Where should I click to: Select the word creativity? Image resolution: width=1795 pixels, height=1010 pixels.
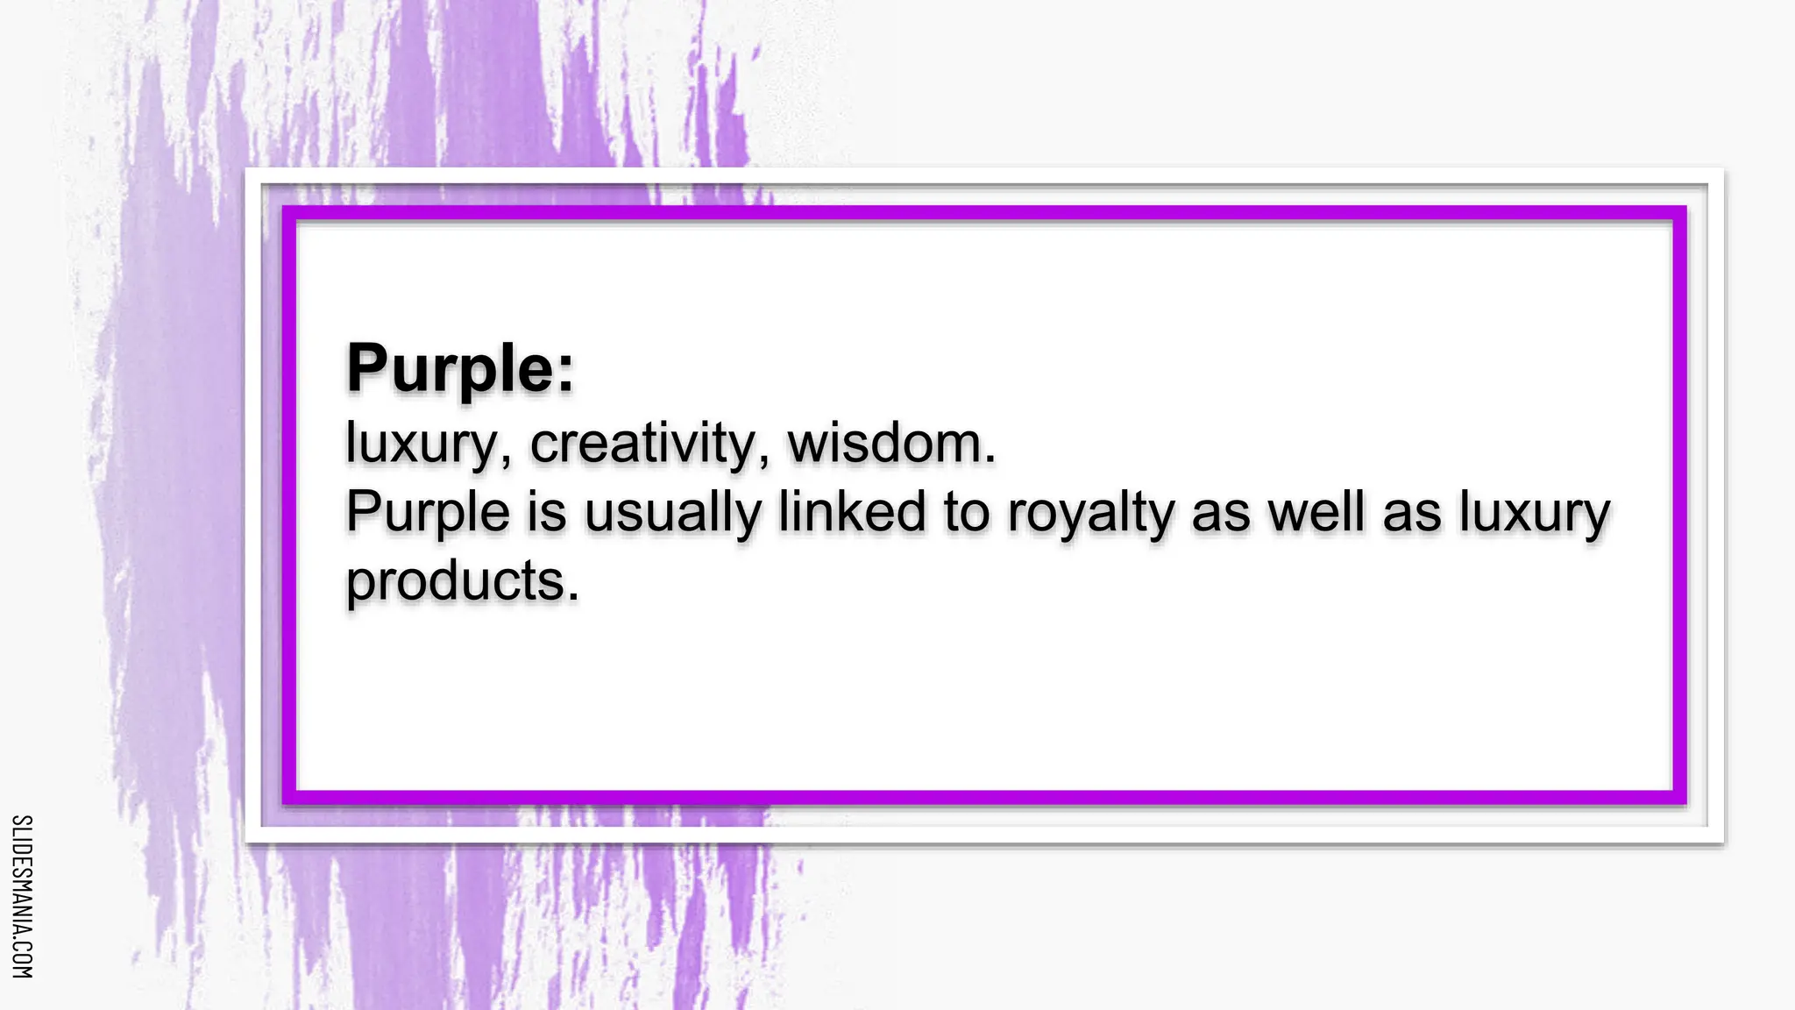coord(642,443)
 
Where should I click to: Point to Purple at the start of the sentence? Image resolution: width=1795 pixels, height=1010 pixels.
coord(427,513)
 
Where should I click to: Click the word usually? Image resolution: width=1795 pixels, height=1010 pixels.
coord(672,513)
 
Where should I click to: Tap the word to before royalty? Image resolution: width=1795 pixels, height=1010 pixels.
coord(966,512)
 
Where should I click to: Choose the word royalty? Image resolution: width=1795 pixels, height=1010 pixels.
coord(1089,513)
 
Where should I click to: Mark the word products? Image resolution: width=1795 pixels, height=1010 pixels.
coord(455,581)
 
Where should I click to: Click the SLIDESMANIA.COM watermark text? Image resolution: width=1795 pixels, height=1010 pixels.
coord(23,896)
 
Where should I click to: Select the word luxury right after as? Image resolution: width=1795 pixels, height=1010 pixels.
coord(1534,513)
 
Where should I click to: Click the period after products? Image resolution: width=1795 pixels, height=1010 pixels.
coord(573,597)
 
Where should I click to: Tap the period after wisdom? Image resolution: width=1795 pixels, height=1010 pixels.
coord(990,459)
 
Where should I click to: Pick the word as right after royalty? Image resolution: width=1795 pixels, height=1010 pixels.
coord(1220,513)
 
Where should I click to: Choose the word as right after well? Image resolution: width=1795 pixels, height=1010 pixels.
coord(1411,513)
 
